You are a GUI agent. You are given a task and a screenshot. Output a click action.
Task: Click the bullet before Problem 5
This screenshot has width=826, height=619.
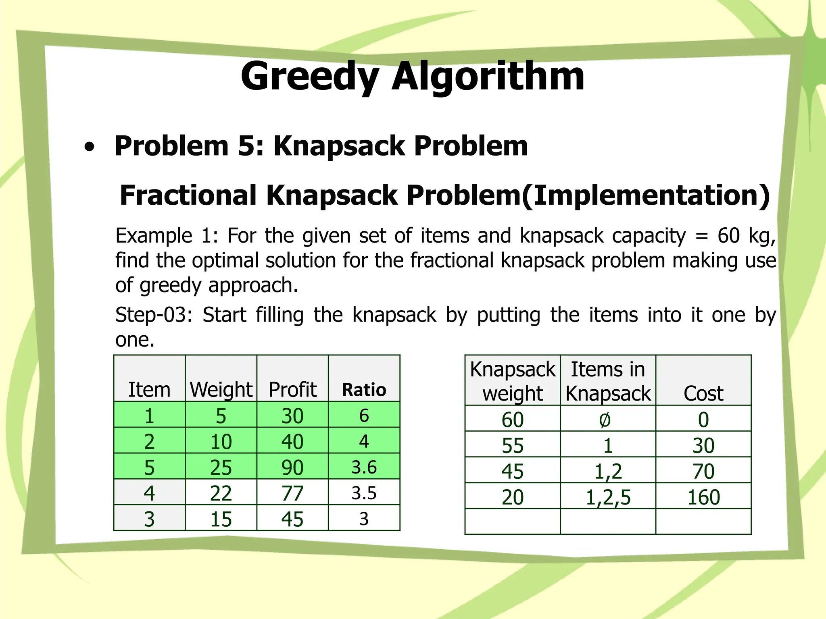(x=90, y=147)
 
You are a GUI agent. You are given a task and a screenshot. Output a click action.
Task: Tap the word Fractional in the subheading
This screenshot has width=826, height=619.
(x=188, y=195)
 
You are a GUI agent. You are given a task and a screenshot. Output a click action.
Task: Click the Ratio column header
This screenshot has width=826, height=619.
(x=364, y=390)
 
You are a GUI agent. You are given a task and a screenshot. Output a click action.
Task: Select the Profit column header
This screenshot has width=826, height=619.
(x=292, y=390)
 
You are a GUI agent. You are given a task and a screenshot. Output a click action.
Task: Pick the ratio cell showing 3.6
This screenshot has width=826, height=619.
(x=364, y=467)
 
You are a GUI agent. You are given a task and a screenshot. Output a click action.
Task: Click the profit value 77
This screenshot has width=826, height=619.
(x=292, y=493)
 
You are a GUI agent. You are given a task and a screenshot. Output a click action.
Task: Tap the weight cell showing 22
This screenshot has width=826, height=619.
(x=221, y=493)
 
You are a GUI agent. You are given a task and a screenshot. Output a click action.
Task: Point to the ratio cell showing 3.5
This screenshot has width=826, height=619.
(x=364, y=493)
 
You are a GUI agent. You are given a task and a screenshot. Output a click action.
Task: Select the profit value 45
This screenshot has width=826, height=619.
(x=292, y=519)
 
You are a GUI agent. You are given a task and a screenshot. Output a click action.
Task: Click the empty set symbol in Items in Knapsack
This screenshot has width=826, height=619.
(x=605, y=420)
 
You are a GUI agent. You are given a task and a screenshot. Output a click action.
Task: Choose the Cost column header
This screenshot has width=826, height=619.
(x=703, y=393)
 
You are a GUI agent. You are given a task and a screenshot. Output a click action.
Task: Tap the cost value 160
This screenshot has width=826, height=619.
(x=703, y=497)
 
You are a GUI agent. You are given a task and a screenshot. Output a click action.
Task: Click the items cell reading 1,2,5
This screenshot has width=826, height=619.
(x=608, y=497)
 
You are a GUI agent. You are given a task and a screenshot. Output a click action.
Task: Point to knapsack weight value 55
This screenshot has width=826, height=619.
(x=513, y=446)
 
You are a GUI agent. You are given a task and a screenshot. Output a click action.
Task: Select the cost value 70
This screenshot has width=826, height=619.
(x=703, y=472)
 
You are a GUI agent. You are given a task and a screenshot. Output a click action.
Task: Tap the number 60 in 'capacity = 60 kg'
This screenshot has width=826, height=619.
(x=728, y=236)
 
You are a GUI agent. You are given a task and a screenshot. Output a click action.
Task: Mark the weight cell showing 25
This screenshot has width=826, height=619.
(x=221, y=467)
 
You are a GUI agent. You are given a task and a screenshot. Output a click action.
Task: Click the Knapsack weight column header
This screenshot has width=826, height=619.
(x=513, y=381)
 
